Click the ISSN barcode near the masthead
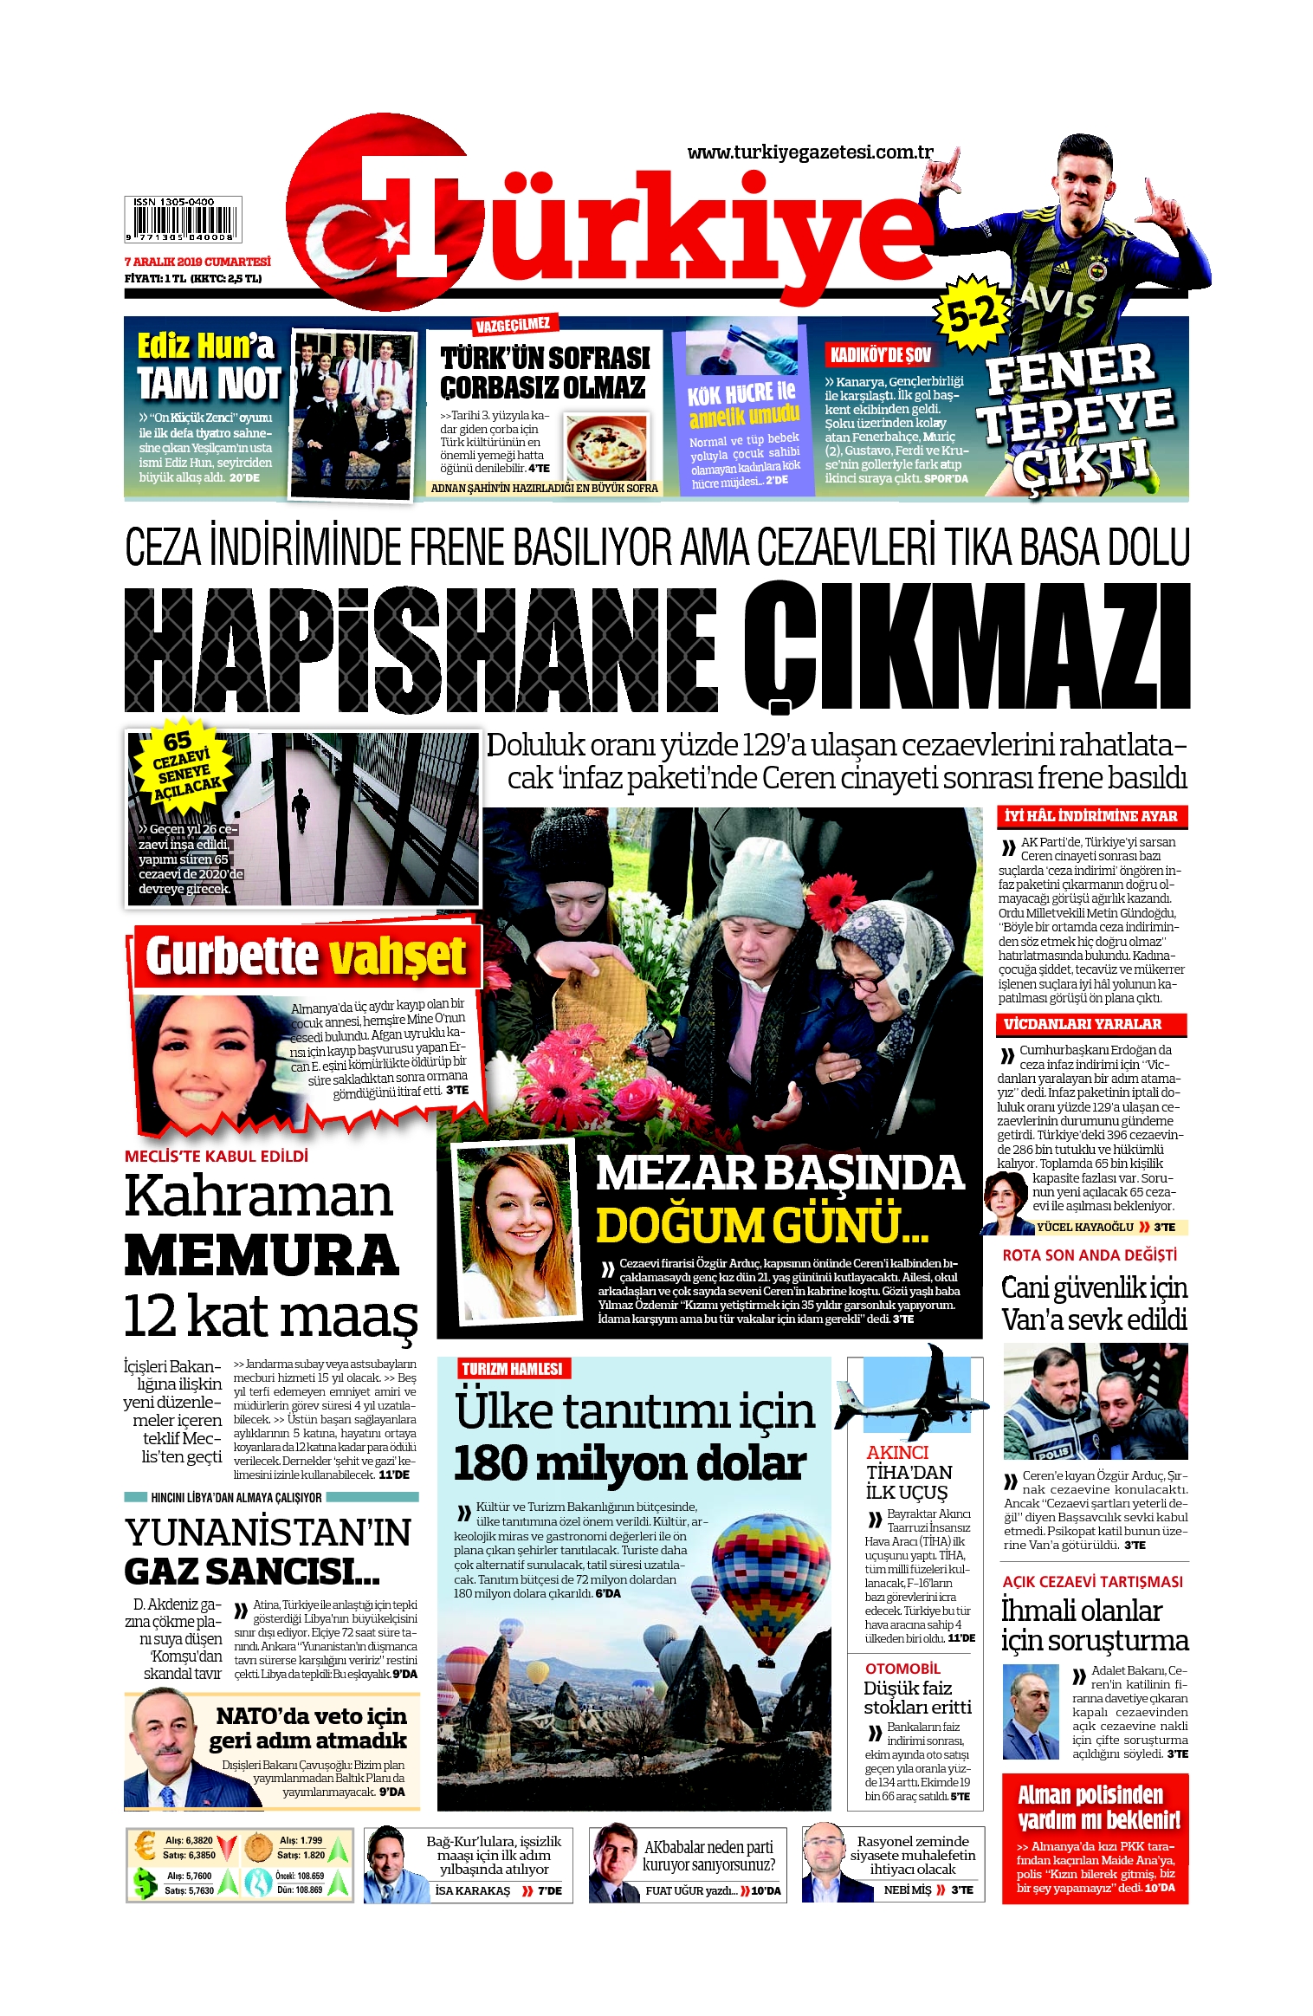click(x=183, y=219)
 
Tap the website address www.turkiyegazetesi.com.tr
click(x=810, y=152)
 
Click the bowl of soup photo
click(x=606, y=445)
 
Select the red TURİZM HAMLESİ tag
click(x=512, y=1369)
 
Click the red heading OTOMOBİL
click(x=902, y=1669)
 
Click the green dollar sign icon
click(x=145, y=1883)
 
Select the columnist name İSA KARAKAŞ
click(x=472, y=1891)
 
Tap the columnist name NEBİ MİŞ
click(x=907, y=1890)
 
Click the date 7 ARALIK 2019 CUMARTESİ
click(x=197, y=262)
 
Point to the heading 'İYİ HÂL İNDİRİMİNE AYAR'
click(x=1090, y=816)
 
